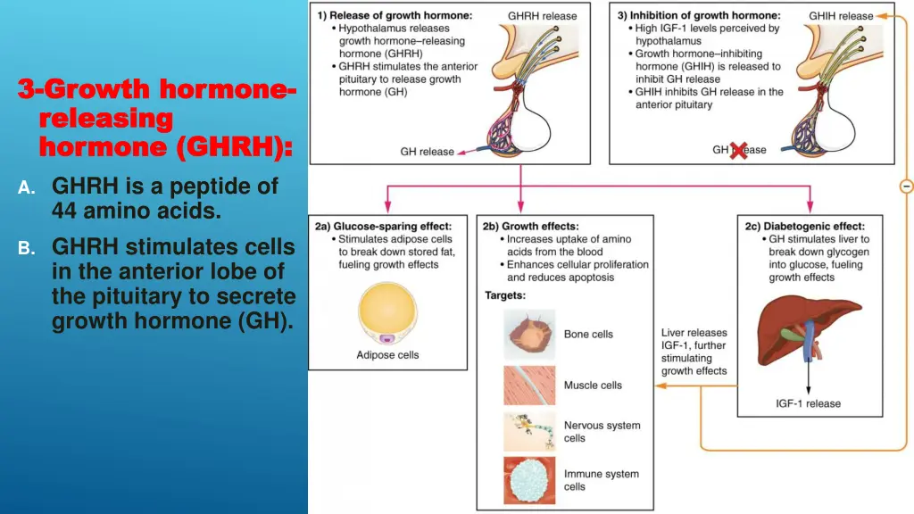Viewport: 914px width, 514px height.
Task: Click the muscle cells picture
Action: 529,385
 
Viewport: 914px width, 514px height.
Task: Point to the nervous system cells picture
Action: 529,431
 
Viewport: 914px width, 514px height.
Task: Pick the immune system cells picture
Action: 529,480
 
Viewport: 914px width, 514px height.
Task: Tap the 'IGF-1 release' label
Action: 807,403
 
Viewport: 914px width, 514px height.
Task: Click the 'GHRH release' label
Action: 542,15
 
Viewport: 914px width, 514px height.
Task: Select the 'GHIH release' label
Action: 841,15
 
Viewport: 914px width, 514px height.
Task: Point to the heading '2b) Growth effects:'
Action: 531,227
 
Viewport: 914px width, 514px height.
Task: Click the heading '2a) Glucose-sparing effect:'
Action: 382,227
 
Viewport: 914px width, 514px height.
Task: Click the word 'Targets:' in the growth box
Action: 505,294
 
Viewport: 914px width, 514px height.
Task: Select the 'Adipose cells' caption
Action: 387,355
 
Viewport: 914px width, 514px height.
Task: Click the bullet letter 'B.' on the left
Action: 27,248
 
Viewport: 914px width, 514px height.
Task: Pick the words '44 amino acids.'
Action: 136,211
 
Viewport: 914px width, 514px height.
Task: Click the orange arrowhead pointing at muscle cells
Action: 658,385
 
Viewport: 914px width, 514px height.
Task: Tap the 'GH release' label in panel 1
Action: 427,152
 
